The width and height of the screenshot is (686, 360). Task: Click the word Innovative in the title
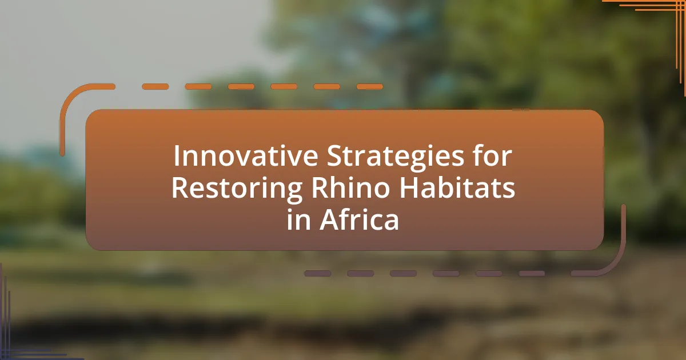(246, 156)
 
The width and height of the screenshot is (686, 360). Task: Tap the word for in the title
(492, 155)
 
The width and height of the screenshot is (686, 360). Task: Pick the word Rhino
(350, 187)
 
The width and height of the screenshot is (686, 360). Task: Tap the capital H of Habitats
(409, 187)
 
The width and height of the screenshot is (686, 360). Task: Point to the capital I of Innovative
(176, 157)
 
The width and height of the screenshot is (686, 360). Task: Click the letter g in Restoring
(294, 193)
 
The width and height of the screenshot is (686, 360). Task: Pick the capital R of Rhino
(320, 187)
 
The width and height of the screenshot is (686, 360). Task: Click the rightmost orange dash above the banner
(370, 87)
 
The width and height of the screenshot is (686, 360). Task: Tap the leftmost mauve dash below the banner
(318, 273)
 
